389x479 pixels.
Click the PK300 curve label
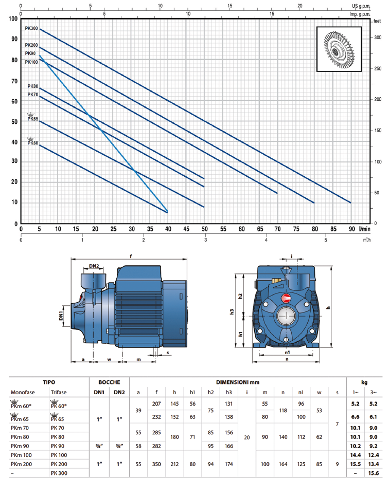click(31, 28)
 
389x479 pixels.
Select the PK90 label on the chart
click(30, 53)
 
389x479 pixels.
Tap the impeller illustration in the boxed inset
click(339, 49)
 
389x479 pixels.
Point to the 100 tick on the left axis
click(13, 19)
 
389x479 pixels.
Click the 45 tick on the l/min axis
click(186, 229)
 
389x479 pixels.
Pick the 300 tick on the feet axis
click(378, 38)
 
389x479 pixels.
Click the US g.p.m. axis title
click(361, 6)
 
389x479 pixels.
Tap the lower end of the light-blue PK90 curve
click(168, 211)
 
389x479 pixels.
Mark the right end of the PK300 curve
click(351, 202)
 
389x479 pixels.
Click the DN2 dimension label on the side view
click(94, 266)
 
